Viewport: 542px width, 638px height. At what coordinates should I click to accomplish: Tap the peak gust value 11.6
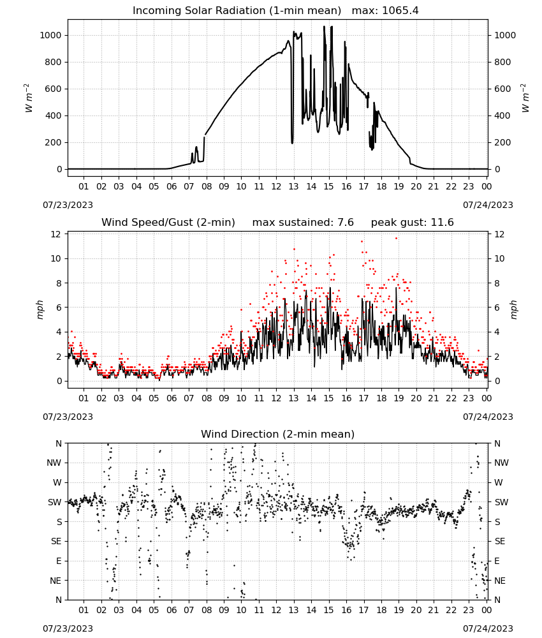[x=442, y=223]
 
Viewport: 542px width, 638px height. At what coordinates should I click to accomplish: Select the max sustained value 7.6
[x=345, y=223]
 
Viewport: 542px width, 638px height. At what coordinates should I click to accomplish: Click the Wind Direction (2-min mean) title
[x=278, y=434]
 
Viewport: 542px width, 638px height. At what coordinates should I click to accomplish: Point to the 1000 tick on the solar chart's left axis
[x=50, y=35]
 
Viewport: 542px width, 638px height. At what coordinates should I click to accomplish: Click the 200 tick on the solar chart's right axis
[x=502, y=142]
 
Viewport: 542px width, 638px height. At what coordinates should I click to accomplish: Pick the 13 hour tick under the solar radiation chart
[x=293, y=186]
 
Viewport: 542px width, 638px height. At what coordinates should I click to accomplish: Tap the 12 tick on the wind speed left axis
[x=55, y=234]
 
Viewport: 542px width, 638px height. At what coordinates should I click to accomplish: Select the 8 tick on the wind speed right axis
[x=497, y=283]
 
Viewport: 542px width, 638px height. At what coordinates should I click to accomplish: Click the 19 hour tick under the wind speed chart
[x=399, y=398]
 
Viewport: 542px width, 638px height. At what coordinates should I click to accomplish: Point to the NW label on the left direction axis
[x=54, y=463]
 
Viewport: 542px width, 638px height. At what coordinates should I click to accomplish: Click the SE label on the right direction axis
[x=500, y=541]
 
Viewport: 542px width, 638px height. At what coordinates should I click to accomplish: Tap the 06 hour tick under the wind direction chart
[x=171, y=609]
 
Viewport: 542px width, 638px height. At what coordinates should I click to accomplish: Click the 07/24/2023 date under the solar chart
[x=488, y=205]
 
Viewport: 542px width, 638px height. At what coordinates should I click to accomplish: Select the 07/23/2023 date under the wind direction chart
[x=68, y=628]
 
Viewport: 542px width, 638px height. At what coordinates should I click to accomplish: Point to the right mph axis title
[x=513, y=309]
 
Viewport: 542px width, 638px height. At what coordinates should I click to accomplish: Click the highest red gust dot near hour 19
[x=397, y=239]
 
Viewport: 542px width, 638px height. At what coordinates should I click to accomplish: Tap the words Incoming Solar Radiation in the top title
[x=198, y=11]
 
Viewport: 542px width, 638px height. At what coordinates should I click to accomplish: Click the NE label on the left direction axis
[x=55, y=581]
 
